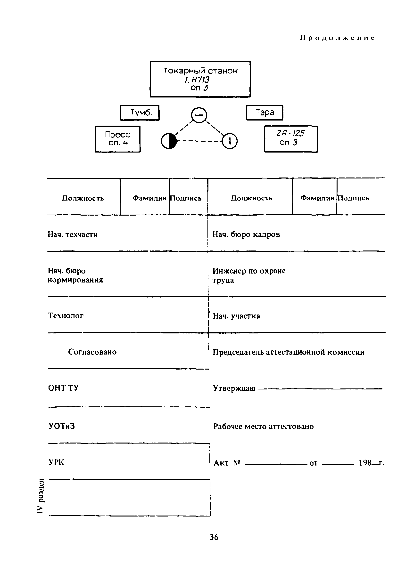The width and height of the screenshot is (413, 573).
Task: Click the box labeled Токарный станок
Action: click(200, 79)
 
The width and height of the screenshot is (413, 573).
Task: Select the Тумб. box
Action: click(140, 113)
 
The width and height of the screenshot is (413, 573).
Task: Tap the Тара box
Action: click(264, 113)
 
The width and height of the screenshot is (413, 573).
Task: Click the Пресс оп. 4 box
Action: click(117, 139)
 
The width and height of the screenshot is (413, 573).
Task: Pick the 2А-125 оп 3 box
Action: click(291, 139)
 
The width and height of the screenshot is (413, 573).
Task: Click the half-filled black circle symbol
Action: click(169, 141)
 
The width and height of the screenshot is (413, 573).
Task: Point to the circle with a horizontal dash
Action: click(199, 115)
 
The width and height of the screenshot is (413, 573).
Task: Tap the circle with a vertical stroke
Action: click(230, 141)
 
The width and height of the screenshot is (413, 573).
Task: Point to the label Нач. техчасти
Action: click(73, 235)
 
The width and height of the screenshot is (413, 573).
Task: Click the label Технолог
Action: click(66, 316)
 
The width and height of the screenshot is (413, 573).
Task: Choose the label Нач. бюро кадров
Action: click(246, 235)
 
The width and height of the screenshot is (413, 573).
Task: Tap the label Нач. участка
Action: click(236, 316)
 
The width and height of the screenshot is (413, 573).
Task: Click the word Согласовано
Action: click(92, 352)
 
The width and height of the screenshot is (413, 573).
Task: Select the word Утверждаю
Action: click(234, 388)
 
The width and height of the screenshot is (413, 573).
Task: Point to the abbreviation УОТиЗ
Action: click(61, 427)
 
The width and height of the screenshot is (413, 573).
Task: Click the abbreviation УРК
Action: click(56, 462)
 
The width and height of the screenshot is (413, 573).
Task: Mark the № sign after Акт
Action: click(236, 463)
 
